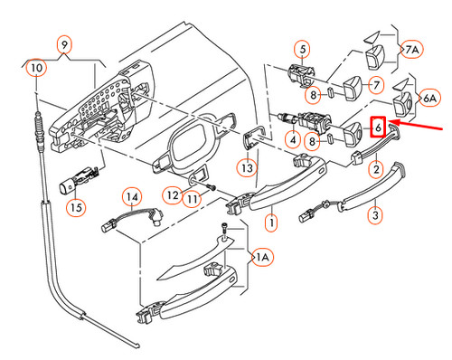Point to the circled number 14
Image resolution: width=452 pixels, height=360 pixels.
(x=133, y=196)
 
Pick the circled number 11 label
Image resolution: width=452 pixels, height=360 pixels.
(x=192, y=198)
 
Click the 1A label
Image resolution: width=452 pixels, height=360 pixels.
(x=262, y=259)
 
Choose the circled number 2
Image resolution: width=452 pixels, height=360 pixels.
(x=376, y=168)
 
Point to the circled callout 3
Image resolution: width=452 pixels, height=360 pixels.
(x=377, y=215)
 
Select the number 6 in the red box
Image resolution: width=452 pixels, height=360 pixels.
(x=380, y=128)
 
